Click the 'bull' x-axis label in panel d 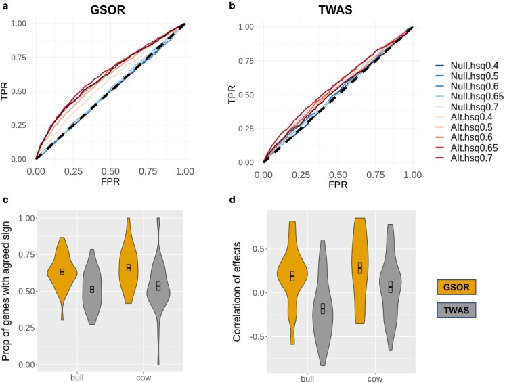pos(305,376)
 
